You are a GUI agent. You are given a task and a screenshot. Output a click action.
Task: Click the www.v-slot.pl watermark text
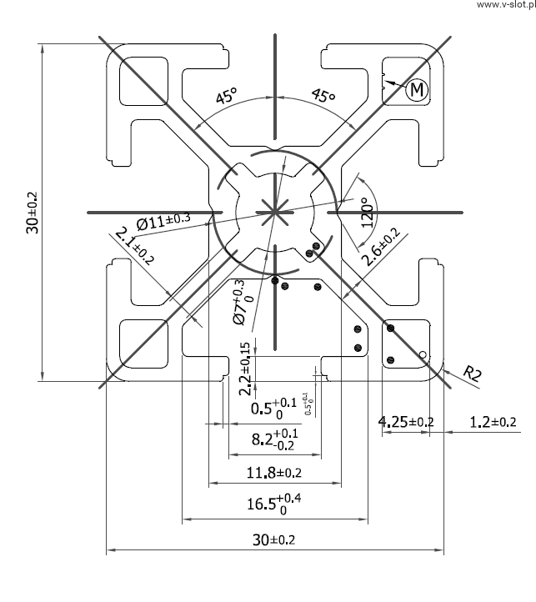(x=504, y=5)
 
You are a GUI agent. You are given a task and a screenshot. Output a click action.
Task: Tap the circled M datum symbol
(x=418, y=88)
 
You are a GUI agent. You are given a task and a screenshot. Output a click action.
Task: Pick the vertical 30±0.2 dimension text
(x=32, y=212)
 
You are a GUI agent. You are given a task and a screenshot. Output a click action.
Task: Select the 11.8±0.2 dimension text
(x=273, y=474)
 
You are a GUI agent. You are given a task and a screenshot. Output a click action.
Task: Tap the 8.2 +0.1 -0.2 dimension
(x=274, y=440)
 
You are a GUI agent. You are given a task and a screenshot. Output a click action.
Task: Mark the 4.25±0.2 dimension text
(x=406, y=422)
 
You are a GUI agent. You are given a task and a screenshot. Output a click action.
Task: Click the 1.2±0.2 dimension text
(x=493, y=422)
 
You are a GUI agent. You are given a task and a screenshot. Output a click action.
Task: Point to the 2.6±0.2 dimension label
(x=380, y=248)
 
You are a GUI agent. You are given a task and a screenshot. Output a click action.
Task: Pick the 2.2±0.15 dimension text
(x=244, y=368)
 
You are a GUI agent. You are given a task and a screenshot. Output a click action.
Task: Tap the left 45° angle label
(x=225, y=97)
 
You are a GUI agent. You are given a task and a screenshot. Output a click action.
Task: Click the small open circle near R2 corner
(x=423, y=355)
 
